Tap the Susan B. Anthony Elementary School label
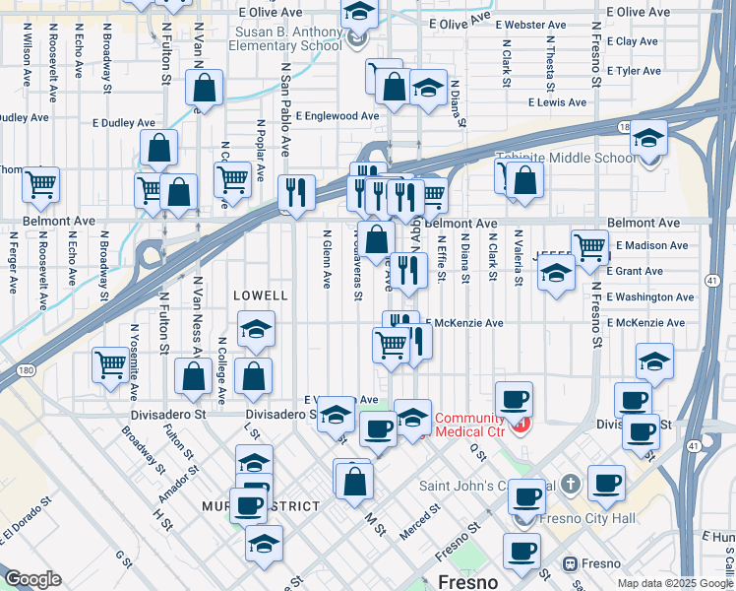[286, 38]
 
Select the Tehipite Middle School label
[566, 158]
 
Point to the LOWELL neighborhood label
[261, 295]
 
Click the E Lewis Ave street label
[557, 102]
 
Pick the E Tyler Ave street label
[634, 71]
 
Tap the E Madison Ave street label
[652, 245]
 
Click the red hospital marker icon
[521, 426]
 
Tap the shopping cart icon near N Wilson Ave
[40, 183]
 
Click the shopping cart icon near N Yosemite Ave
[110, 363]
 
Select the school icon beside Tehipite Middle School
[648, 137]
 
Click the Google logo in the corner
[32, 579]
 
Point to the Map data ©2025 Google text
[675, 583]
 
